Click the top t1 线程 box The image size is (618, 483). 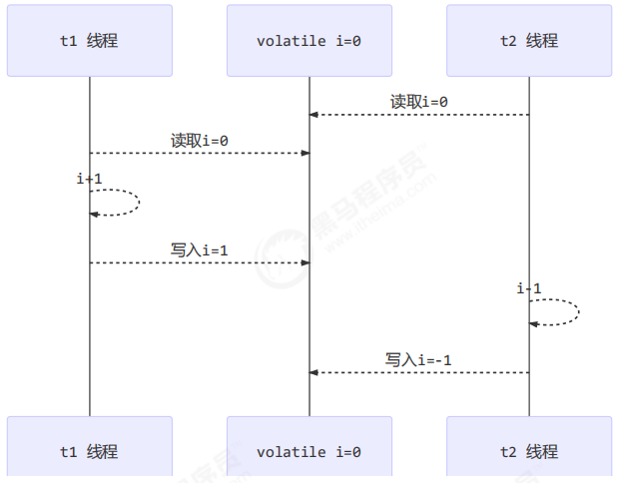click(x=89, y=41)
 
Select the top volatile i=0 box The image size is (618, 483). click(x=309, y=41)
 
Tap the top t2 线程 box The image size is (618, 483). click(x=528, y=41)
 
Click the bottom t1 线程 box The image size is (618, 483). click(x=89, y=451)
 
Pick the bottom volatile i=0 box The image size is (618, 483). click(x=309, y=451)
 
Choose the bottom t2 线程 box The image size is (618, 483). click(x=528, y=451)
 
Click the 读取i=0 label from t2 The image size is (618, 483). click(x=418, y=102)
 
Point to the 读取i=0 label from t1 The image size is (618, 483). click(x=199, y=141)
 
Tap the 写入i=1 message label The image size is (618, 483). click(x=199, y=250)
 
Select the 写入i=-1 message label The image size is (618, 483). click(x=418, y=359)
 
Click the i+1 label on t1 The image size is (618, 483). click(x=89, y=179)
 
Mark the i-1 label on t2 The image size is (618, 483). click(x=529, y=288)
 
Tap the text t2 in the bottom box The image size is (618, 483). click(x=508, y=451)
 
